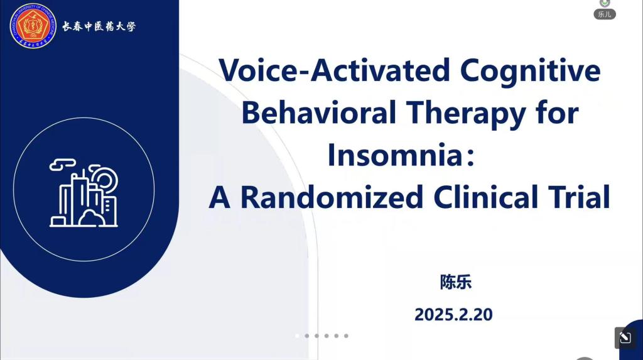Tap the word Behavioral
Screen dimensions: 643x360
(318, 112)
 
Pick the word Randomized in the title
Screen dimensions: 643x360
(332, 197)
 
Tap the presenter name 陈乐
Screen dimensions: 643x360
(456, 282)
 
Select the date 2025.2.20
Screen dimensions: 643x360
(453, 314)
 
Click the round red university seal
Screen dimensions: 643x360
(33, 26)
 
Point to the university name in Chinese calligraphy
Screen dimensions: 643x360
(99, 26)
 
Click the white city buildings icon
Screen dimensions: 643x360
(84, 192)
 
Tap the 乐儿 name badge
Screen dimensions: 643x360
(605, 14)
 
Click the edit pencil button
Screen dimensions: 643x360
(625, 338)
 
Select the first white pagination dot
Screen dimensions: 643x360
(297, 335)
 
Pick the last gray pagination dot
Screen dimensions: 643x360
(346, 335)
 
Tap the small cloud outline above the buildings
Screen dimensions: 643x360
(63, 164)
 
